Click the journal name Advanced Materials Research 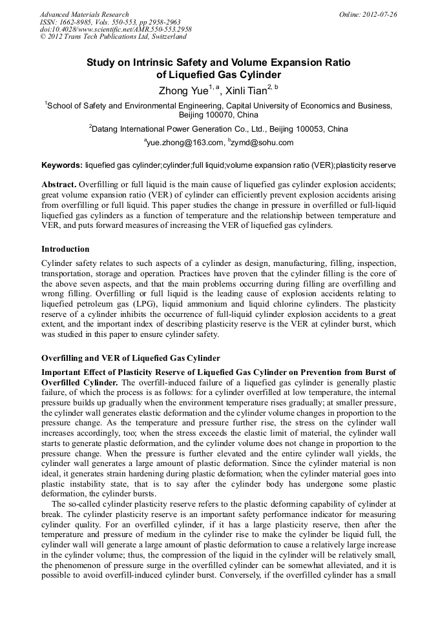84,14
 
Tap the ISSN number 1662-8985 75,22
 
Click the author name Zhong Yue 179,91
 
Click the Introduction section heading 65,249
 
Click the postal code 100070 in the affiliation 221,114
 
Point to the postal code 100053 292,129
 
